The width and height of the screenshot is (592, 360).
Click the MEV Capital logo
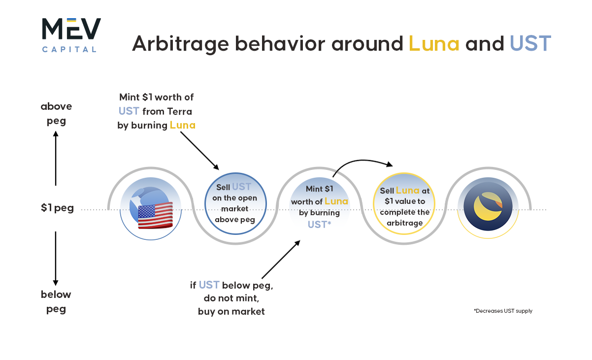[x=71, y=35]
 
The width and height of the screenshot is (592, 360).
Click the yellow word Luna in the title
[x=434, y=44]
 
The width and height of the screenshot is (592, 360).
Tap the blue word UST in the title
[x=530, y=44]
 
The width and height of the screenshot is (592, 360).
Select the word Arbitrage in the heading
[x=180, y=44]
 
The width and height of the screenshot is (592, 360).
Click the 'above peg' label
[x=56, y=114]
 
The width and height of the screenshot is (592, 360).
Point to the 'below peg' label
[x=56, y=301]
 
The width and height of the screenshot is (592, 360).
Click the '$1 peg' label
[x=57, y=208]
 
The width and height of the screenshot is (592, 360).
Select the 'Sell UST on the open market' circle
[x=235, y=203]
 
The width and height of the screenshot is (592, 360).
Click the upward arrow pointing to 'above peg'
[x=56, y=158]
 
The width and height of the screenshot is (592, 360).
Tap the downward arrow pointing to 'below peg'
[x=56, y=259]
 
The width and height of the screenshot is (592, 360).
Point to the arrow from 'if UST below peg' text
[x=281, y=260]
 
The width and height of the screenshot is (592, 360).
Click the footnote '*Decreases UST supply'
[x=503, y=311]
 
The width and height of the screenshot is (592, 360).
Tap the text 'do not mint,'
[x=231, y=298]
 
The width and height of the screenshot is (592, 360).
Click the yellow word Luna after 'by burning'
[x=183, y=125]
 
